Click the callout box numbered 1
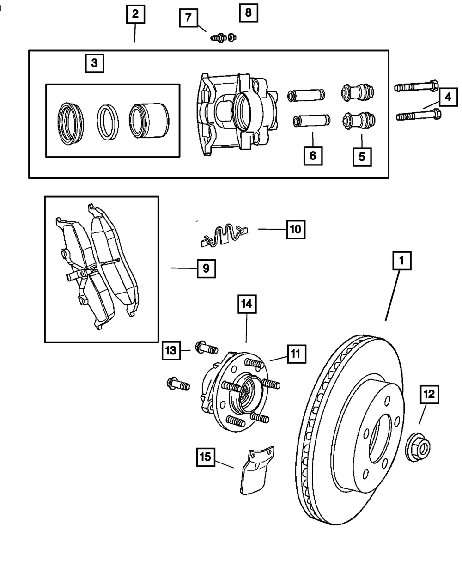click(402, 261)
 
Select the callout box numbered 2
click(135, 14)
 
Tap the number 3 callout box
click(95, 63)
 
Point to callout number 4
click(448, 97)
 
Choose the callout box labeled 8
click(249, 12)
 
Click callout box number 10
click(296, 230)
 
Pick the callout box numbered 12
click(429, 395)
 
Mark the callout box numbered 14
click(247, 304)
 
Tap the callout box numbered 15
click(206, 457)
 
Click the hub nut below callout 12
click(417, 447)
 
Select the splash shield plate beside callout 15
click(257, 470)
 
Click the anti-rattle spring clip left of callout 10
click(224, 235)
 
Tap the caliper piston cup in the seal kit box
click(149, 121)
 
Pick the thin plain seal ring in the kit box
click(108, 122)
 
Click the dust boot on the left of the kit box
click(71, 123)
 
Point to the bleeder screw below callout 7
click(218, 38)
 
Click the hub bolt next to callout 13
click(207, 348)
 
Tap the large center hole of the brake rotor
click(380, 439)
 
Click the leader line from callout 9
click(184, 268)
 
